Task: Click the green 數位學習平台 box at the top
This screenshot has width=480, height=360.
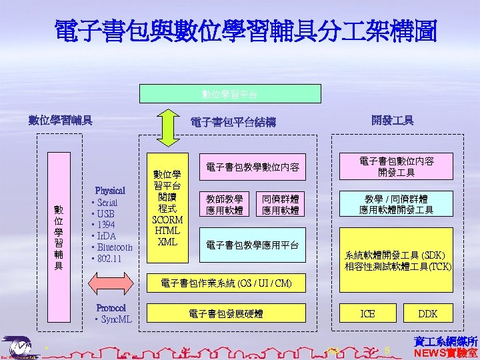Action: point(230,93)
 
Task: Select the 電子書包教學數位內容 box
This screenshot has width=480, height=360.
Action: point(253,167)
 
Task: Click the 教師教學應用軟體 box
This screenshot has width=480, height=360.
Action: point(224,205)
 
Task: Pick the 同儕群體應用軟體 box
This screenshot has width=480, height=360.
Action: point(280,205)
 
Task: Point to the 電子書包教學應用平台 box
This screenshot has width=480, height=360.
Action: point(253,245)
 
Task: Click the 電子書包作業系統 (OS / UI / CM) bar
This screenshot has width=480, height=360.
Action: point(227,283)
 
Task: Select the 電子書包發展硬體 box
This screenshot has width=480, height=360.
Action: point(227,313)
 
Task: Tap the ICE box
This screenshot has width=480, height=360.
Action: point(367,313)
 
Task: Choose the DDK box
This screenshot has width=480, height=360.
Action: point(427,313)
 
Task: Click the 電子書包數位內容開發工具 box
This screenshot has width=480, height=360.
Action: point(397,167)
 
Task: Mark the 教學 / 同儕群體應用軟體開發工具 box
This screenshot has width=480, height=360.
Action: point(397,205)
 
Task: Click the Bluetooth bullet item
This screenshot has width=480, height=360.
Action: point(114,247)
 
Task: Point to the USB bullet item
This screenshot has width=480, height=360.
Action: point(105,214)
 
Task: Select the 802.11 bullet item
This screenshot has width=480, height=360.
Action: point(107,259)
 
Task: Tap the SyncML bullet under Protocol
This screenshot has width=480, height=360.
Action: point(113,319)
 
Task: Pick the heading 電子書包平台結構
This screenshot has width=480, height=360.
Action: point(233,122)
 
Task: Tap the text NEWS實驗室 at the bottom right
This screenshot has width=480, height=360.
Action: point(446,353)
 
